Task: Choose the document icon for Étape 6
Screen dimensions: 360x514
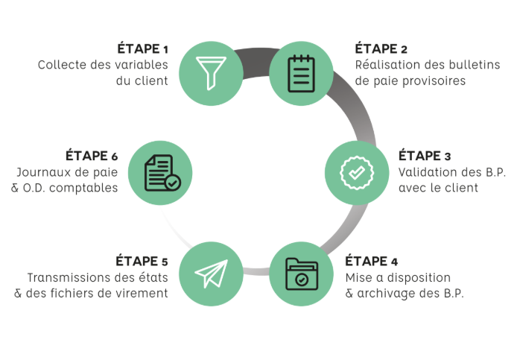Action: point(160,172)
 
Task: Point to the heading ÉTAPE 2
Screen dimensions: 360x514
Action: point(381,49)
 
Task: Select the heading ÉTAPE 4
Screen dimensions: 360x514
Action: point(372,261)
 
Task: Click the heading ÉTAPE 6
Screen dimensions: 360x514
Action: point(92,156)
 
